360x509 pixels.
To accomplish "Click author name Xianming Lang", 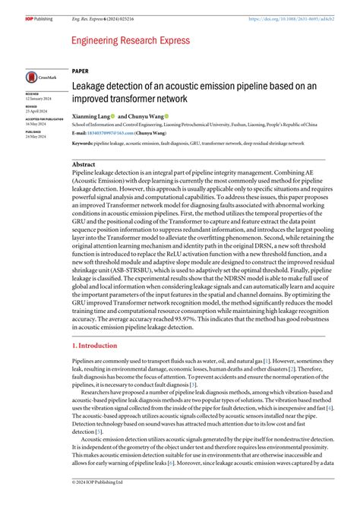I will click(x=90, y=118).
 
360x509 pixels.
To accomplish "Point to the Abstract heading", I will click(x=84, y=164).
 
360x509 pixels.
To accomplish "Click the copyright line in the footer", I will click(x=99, y=503).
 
